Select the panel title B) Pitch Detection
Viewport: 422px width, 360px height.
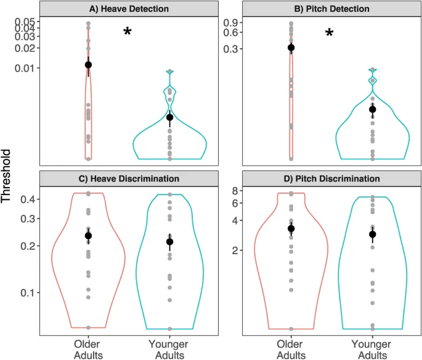(331, 9)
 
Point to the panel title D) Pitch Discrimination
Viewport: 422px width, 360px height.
(331, 178)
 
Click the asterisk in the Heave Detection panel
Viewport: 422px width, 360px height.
(128, 33)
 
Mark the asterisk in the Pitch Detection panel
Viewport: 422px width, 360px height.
(330, 33)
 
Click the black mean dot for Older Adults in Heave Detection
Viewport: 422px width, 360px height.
(89, 65)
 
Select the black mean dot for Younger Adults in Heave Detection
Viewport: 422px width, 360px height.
(170, 117)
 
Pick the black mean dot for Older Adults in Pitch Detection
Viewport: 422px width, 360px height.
(291, 47)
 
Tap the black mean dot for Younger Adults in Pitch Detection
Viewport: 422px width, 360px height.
(372, 110)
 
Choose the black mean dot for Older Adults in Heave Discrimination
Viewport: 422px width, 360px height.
(89, 236)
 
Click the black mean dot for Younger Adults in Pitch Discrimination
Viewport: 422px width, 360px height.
(372, 234)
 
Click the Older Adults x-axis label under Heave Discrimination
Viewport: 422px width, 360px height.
(89, 349)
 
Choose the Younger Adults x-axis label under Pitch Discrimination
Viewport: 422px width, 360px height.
(372, 349)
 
